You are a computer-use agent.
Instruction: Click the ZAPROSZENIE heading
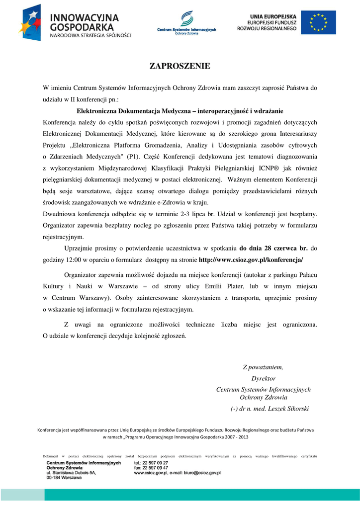180,66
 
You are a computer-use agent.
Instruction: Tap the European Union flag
318,22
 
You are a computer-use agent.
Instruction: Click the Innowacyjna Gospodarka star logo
33,22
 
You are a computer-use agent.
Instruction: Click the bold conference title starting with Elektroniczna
180,111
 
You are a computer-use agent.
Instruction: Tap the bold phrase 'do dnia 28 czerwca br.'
273,248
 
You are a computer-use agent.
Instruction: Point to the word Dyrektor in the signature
264,378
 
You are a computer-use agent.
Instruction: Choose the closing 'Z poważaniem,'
263,367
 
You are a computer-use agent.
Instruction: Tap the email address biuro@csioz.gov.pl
198,473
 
